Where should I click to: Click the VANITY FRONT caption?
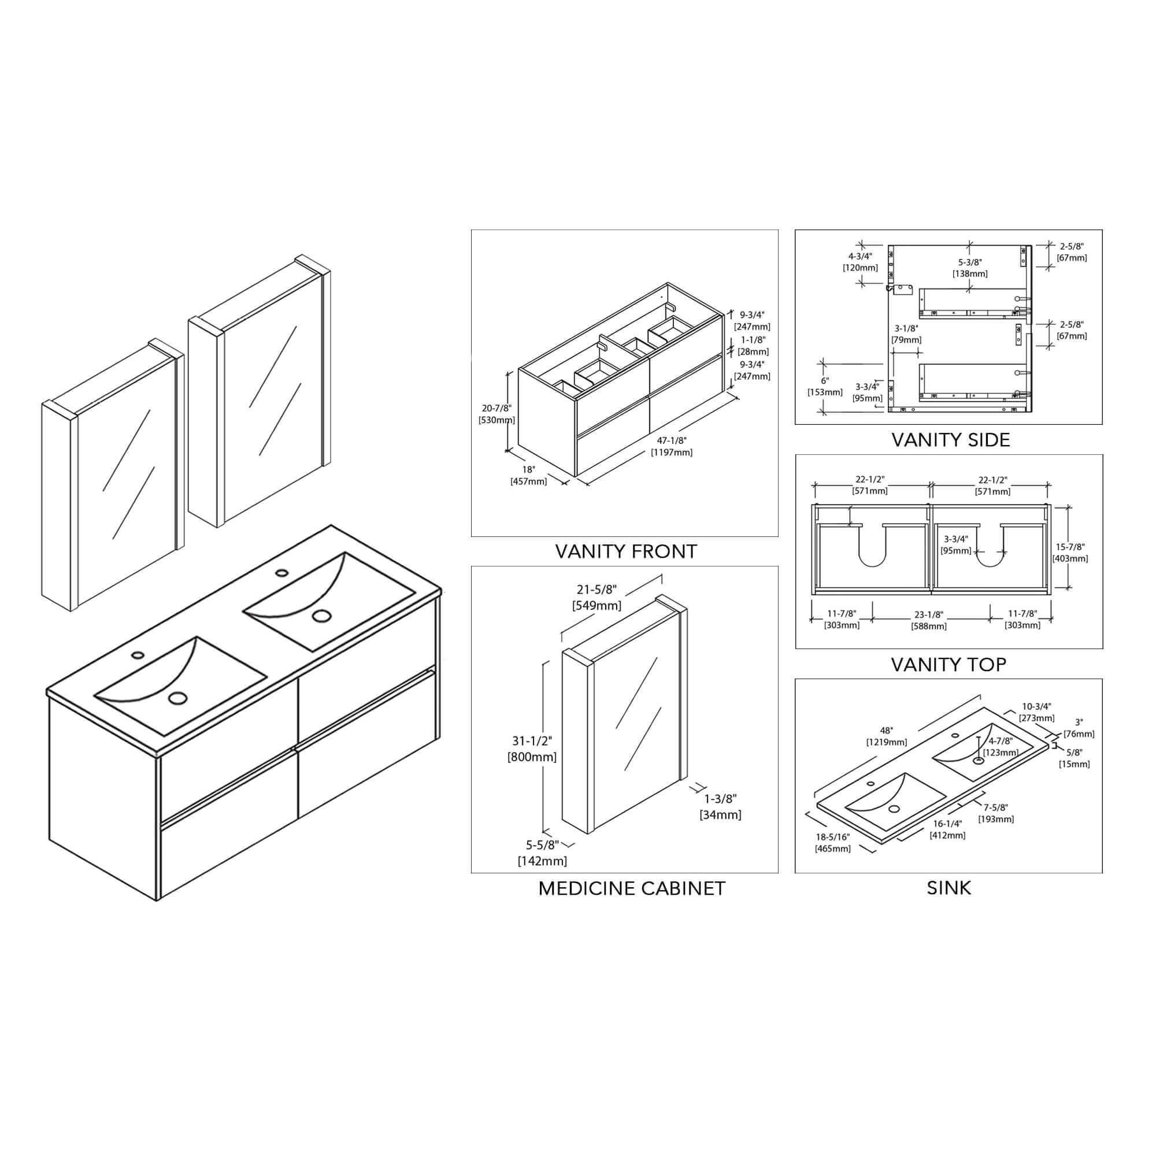coord(626,551)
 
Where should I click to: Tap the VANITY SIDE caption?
coord(951,440)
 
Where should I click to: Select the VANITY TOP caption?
coord(949,664)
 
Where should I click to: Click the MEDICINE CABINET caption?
coord(632,888)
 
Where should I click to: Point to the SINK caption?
coord(949,888)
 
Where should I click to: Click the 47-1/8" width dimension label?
coord(672,446)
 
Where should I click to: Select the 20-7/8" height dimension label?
coord(497,414)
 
